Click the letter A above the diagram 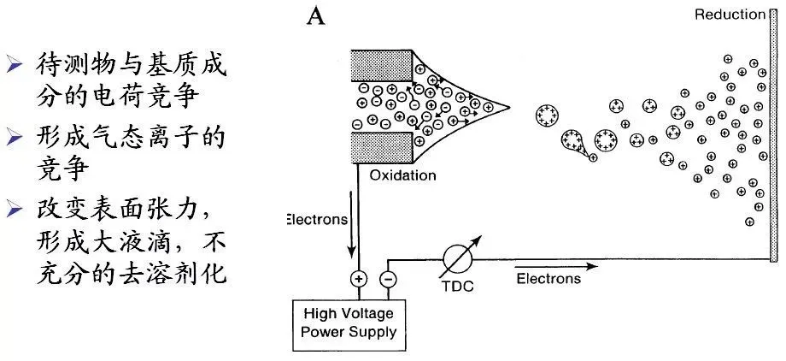click(x=316, y=17)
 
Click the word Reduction click(x=729, y=14)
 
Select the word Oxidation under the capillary click(x=402, y=176)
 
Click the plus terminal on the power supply click(x=357, y=279)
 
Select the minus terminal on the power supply click(x=387, y=279)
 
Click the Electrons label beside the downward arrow click(x=316, y=219)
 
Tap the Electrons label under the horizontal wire click(x=548, y=278)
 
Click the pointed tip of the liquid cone click(x=508, y=109)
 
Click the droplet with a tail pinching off click(x=577, y=142)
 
